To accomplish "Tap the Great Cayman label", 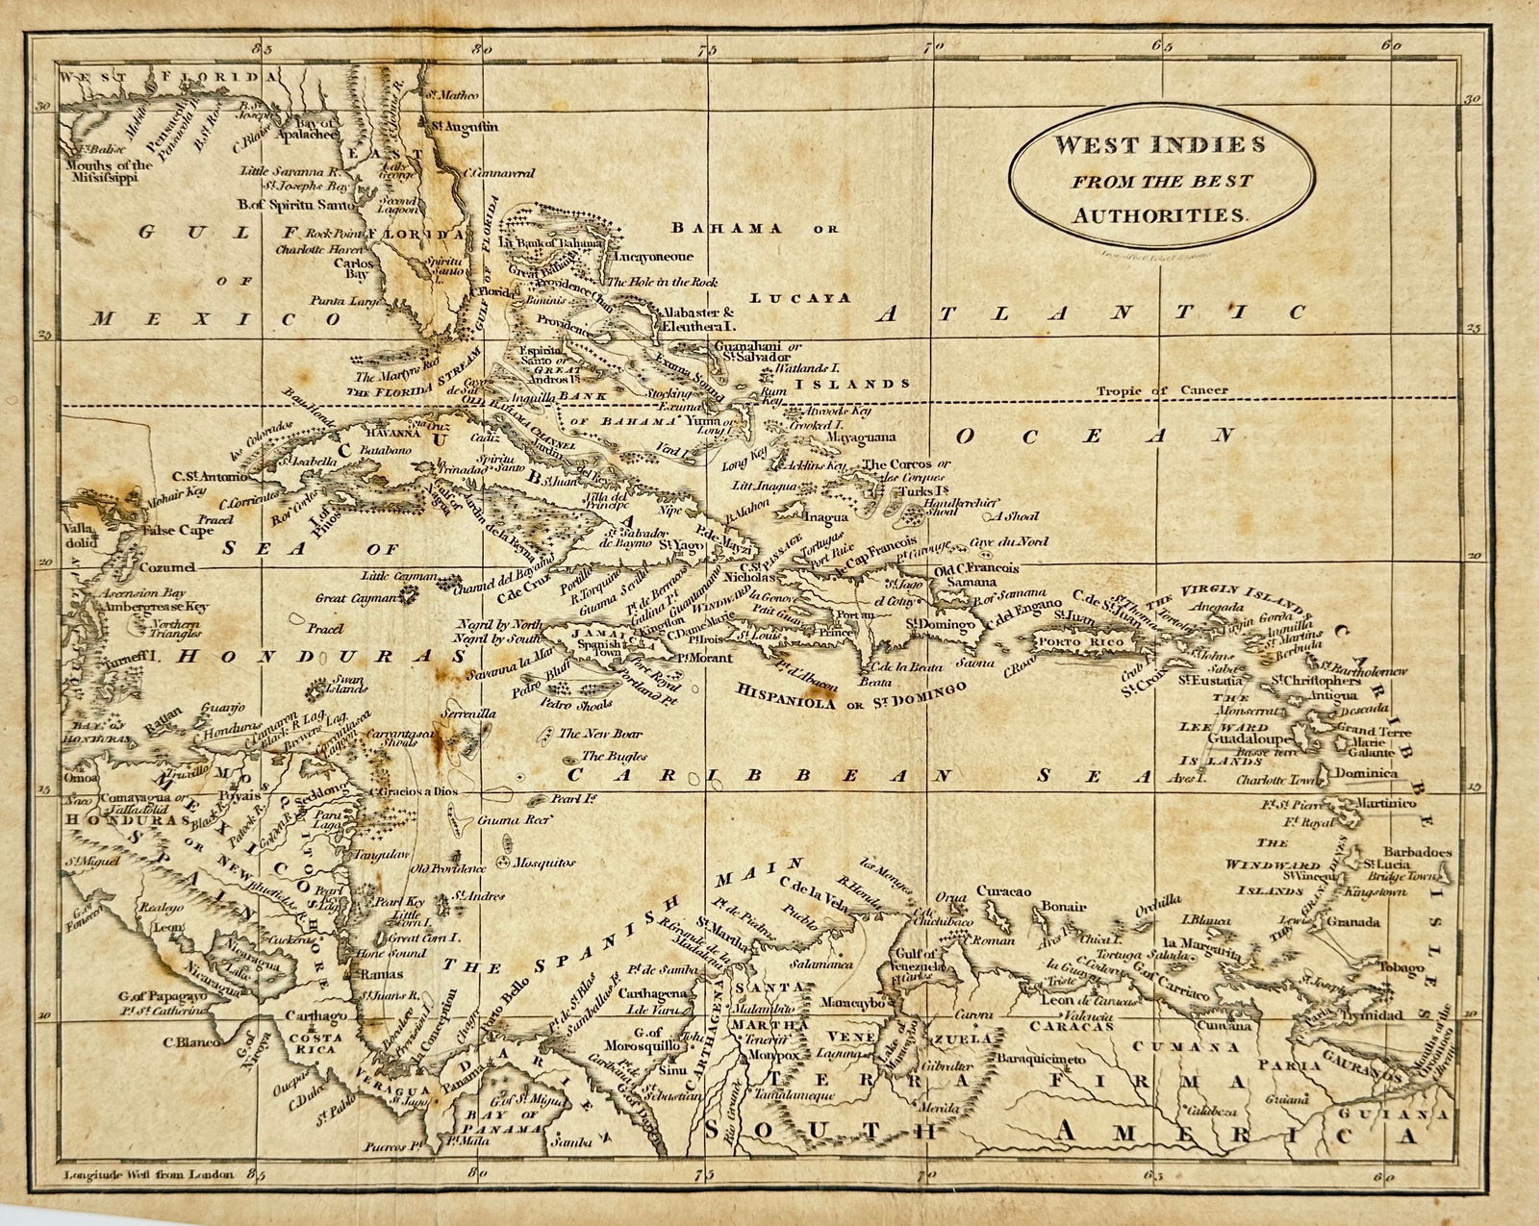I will (357, 598).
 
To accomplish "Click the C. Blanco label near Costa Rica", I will (191, 1040).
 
